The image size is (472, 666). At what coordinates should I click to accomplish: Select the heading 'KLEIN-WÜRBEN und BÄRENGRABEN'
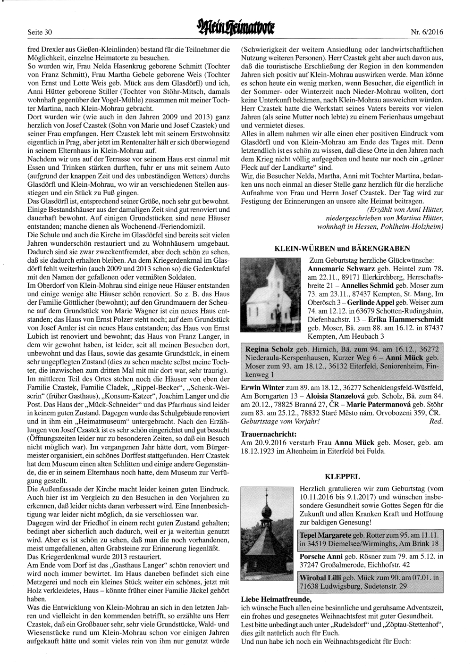(x=342, y=248)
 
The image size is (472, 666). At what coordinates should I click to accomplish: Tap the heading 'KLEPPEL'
(x=342, y=476)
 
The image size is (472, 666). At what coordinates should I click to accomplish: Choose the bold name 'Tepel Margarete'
(x=325, y=535)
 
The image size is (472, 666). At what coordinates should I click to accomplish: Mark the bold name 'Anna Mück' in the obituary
(x=354, y=442)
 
